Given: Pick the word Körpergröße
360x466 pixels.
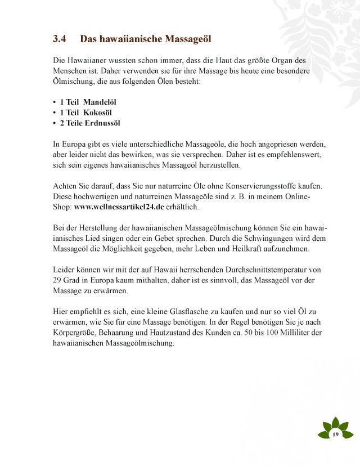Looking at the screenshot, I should point(73,333).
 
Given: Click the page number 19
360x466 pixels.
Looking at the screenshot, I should point(335,434).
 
